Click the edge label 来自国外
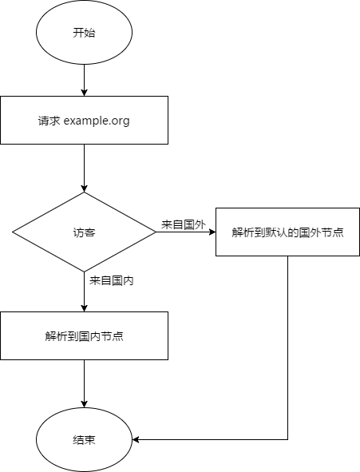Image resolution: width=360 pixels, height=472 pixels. pos(184,225)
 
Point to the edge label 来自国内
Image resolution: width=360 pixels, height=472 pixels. pos(111,281)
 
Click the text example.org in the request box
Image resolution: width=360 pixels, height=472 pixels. pos(97,121)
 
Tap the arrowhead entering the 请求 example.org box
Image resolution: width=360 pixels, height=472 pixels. pos(84,93)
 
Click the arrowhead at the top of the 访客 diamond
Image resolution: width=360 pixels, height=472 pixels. pos(84,188)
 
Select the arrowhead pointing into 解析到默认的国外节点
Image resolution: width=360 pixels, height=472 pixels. pos(212,232)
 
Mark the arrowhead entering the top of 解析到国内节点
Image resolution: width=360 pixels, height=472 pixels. pos(84,308)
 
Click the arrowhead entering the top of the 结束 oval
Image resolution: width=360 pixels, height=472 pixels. pos(84,405)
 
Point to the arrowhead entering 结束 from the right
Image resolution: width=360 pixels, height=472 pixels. pos(136,440)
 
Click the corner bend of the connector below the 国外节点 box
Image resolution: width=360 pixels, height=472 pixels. pos(288,440)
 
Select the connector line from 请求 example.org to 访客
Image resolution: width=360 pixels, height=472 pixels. pos(84,168)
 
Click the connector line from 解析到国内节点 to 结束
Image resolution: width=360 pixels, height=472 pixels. pos(84,384)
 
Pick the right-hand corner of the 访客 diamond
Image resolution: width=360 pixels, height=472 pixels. pos(156,232)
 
